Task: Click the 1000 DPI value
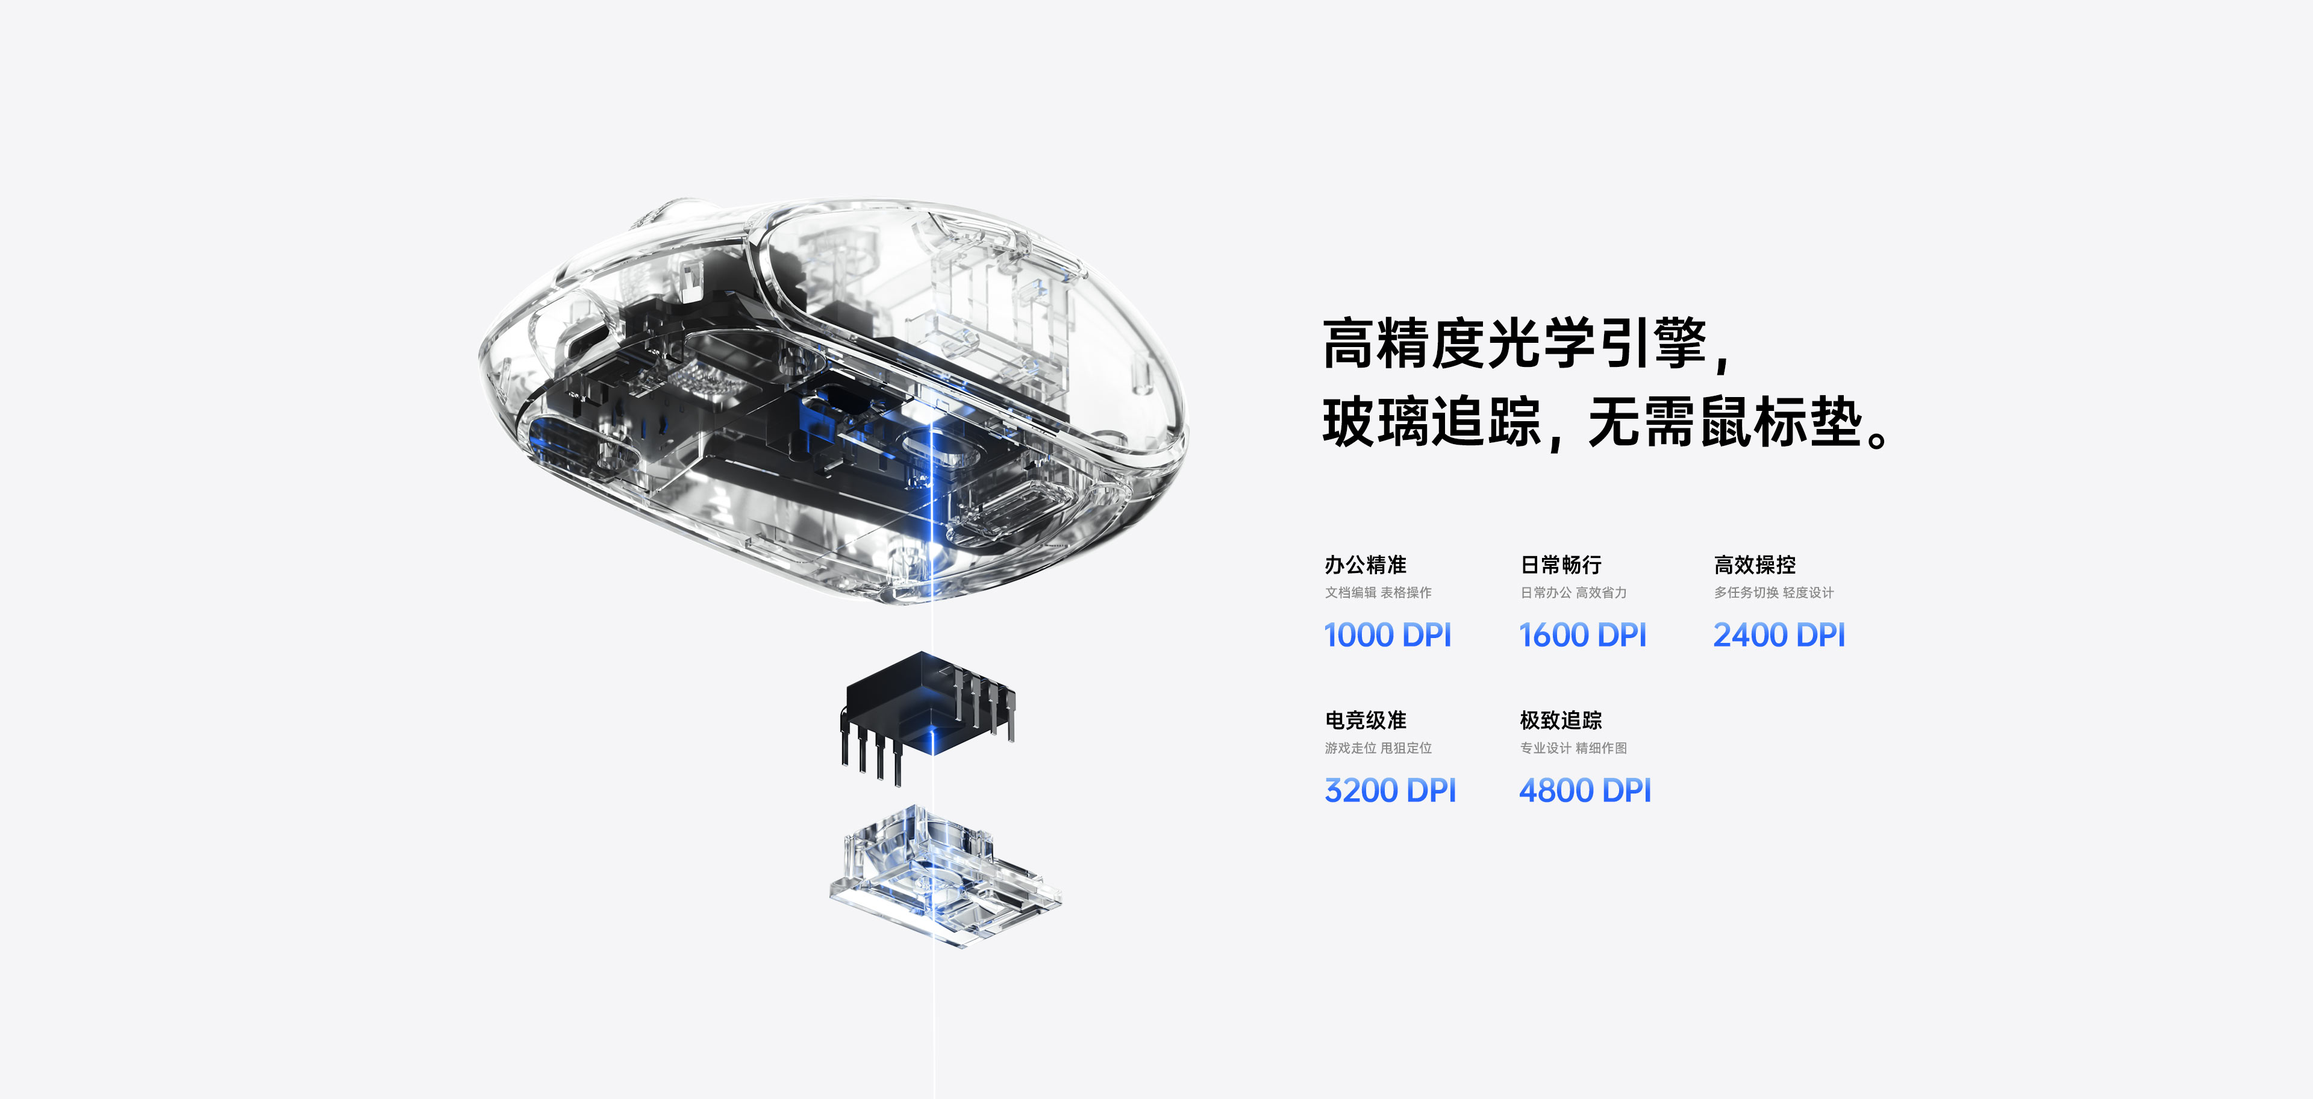1387,635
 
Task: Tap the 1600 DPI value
1582,635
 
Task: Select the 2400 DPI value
1779,635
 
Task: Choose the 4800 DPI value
1585,790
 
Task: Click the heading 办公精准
1365,565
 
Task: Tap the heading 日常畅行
1561,565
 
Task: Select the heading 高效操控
1755,565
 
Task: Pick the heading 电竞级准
1365,720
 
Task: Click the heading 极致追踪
1561,720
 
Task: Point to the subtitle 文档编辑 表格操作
1378,593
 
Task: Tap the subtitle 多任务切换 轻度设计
1773,593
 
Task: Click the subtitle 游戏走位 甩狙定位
1378,748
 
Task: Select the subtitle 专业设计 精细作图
1573,748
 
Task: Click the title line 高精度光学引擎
1517,343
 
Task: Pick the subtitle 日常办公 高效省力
1573,593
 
